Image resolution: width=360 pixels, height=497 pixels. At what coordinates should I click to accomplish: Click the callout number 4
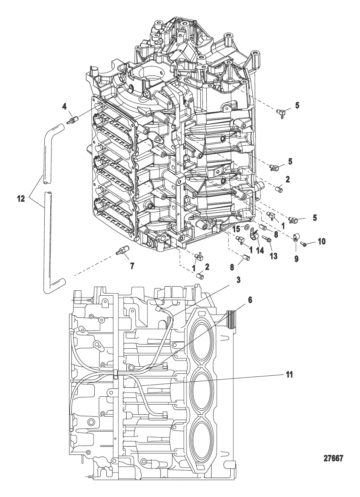(64, 107)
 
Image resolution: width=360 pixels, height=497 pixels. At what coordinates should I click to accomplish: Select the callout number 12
(21, 199)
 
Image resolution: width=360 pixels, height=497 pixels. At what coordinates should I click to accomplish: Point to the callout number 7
(132, 266)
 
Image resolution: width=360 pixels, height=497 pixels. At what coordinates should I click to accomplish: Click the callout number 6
(250, 300)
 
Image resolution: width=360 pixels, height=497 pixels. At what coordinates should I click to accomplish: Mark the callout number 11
(289, 375)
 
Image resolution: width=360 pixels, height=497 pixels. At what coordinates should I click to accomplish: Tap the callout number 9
(296, 259)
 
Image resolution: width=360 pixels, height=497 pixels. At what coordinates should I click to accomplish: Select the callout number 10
(322, 242)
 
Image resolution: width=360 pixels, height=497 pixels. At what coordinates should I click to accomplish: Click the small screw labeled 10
(303, 244)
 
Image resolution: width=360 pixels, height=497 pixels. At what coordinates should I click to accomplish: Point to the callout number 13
(274, 256)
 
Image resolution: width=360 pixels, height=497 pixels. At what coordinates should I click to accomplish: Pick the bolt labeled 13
(268, 239)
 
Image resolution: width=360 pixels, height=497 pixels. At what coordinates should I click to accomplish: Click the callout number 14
(260, 251)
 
